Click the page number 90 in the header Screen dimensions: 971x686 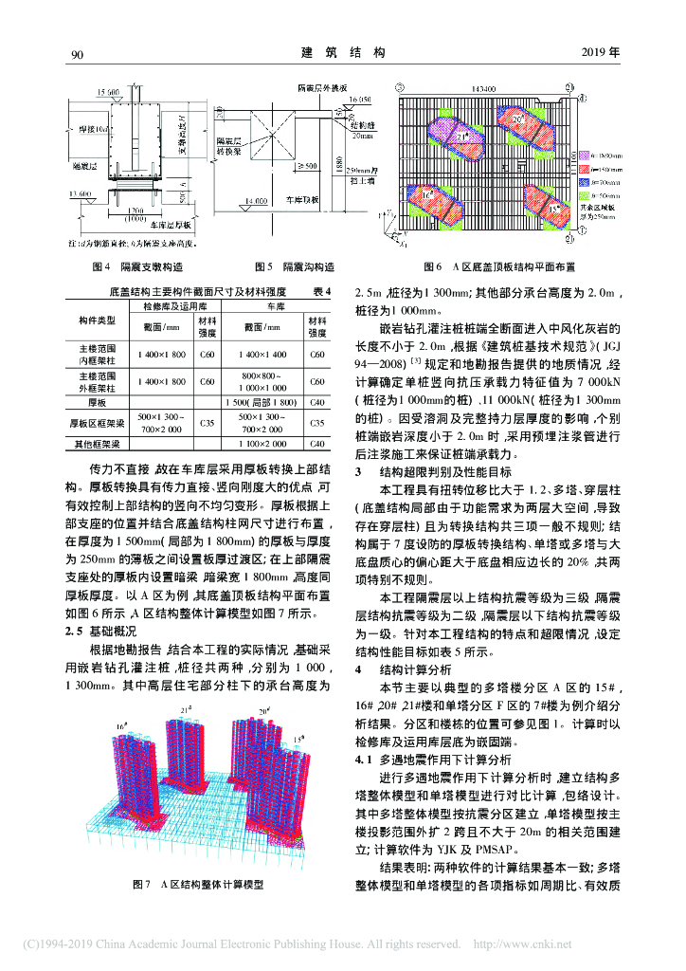point(77,55)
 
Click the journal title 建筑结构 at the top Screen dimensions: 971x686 point(342,54)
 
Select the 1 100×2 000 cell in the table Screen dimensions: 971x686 point(268,444)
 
